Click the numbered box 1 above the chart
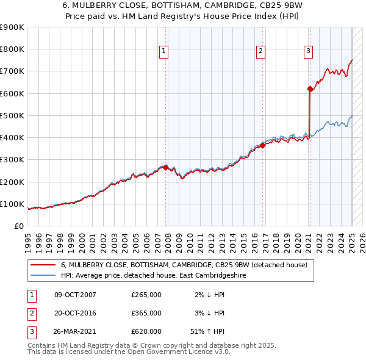pos(165,51)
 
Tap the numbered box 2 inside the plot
pos(260,51)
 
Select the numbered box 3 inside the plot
pos(308,51)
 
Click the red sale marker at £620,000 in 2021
pos(309,89)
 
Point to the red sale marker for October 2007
pos(166,167)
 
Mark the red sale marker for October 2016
pos(262,145)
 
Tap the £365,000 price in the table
pos(146,313)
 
